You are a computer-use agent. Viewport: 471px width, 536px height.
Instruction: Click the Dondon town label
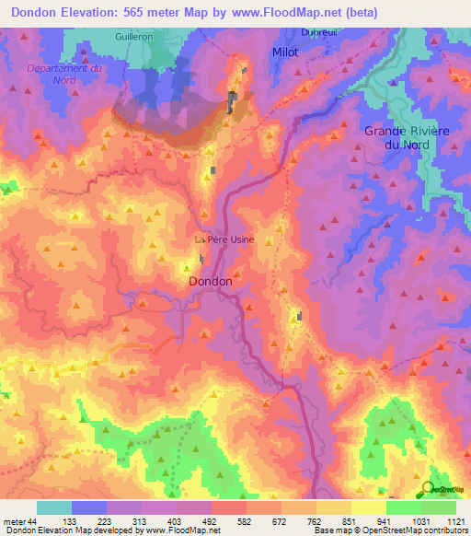coord(215,281)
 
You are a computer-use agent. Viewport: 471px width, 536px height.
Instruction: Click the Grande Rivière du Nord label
coord(407,138)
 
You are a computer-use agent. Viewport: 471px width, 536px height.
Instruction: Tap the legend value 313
coord(123,520)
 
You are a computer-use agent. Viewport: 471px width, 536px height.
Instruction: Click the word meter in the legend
coord(14,520)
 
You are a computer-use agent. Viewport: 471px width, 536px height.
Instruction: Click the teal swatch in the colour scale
coord(54,507)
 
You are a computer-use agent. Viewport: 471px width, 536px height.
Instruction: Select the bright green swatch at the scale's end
coord(439,507)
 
